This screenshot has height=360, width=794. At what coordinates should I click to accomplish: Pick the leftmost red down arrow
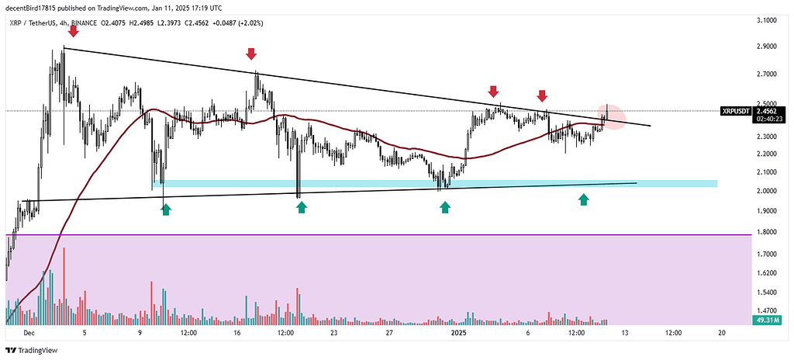click(74, 32)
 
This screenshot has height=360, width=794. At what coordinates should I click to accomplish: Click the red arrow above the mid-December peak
click(251, 54)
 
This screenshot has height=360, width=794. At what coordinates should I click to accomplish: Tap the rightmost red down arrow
click(543, 95)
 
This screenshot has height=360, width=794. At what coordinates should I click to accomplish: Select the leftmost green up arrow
click(165, 208)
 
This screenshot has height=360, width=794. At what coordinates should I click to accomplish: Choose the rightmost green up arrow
click(583, 200)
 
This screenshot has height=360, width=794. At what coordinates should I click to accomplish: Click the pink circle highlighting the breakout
click(613, 116)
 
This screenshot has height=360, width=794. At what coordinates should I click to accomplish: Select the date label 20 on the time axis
click(721, 332)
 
